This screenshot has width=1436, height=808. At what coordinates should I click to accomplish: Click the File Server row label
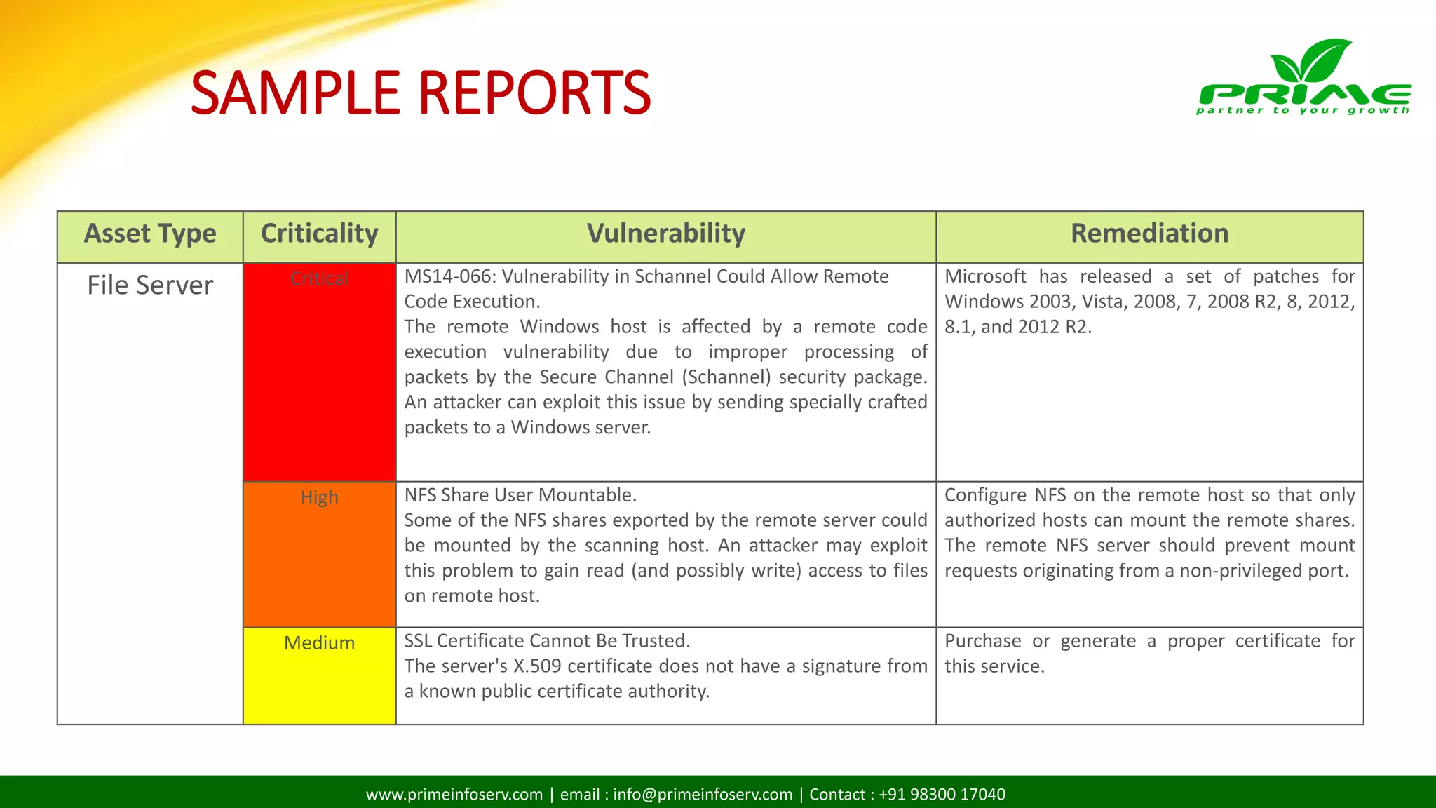pos(150,285)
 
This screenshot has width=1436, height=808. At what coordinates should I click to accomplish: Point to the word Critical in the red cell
pos(319,278)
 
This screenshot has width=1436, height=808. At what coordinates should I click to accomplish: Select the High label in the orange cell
pos(319,497)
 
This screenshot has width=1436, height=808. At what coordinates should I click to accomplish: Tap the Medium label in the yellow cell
pos(319,643)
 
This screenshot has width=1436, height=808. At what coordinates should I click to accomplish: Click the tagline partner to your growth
pos(1303,110)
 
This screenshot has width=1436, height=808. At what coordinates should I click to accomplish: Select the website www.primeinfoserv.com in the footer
pos(454,795)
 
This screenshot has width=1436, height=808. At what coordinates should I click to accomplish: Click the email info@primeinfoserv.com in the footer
pos(703,795)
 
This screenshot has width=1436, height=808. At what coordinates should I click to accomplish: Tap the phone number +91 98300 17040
pos(942,795)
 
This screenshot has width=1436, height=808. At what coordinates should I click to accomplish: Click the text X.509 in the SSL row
pos(537,666)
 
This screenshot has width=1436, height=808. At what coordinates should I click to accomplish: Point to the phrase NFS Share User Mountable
pos(520,495)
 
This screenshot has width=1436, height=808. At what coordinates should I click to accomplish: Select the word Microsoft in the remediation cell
pos(984,277)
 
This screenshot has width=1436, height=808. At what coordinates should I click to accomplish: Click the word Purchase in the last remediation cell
pos(982,641)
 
